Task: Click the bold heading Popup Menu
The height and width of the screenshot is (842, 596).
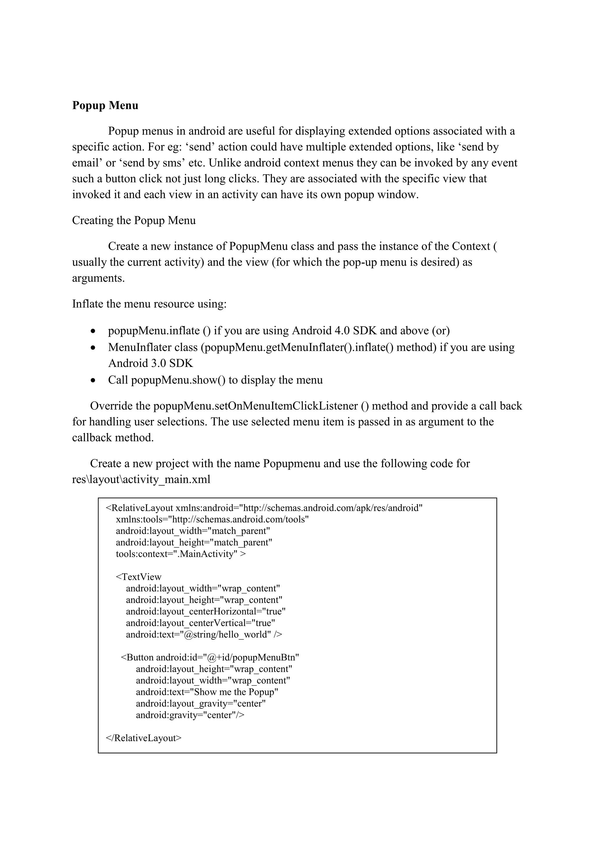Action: pyautogui.click(x=105, y=106)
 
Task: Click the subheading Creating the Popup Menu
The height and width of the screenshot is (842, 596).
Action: pyautogui.click(x=134, y=220)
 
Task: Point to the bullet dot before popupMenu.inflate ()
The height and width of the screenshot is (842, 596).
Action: pyautogui.click(x=94, y=331)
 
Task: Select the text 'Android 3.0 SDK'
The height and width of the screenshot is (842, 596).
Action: pyautogui.click(x=150, y=363)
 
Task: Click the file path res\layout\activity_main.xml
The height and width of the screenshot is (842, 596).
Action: pyautogui.click(x=141, y=480)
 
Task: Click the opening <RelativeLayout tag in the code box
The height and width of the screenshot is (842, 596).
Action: pyautogui.click(x=139, y=508)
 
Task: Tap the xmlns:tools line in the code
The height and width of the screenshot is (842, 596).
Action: pyautogui.click(x=212, y=519)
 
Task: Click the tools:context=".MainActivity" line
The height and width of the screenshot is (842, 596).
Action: pyautogui.click(x=180, y=554)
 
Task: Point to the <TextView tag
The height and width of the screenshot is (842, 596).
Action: pyautogui.click(x=139, y=577)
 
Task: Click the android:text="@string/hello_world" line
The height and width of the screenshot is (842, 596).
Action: pyautogui.click(x=204, y=634)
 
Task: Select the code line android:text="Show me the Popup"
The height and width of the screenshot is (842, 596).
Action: pyautogui.click(x=207, y=692)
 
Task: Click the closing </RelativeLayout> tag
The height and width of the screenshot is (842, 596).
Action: pyautogui.click(x=143, y=738)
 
